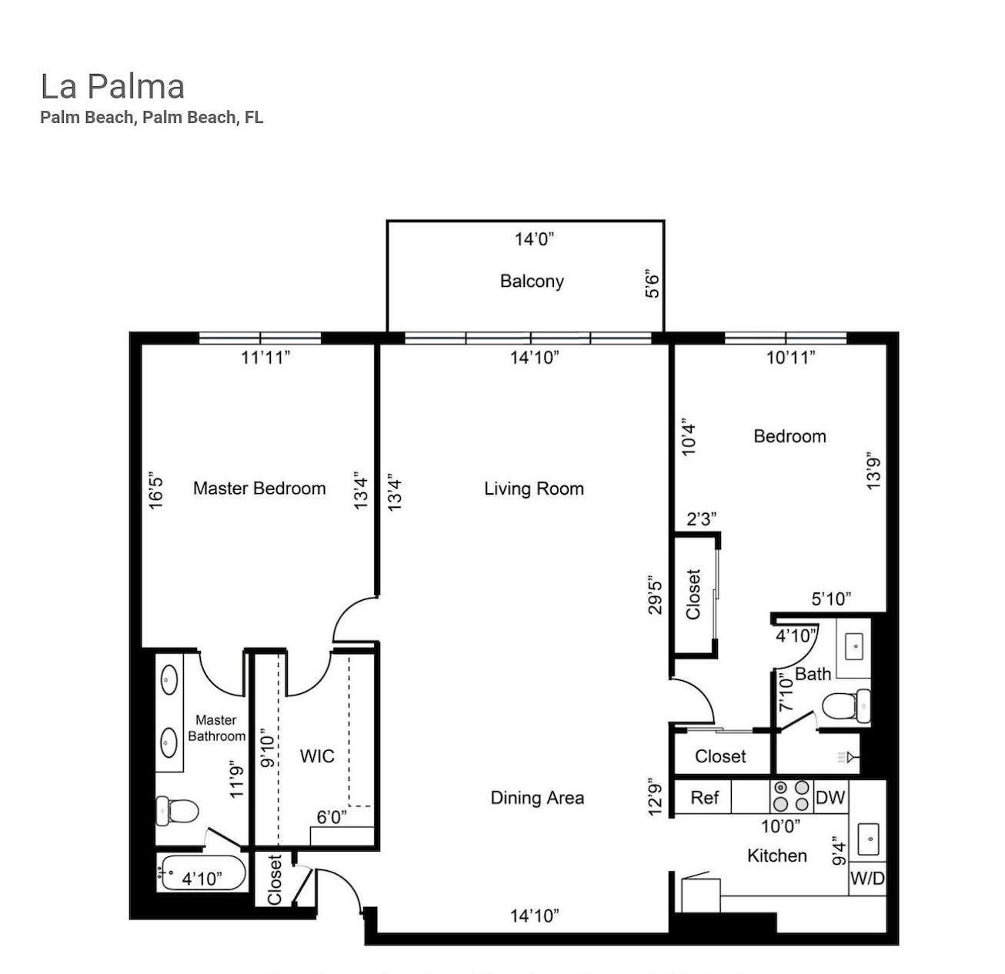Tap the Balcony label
pos(532,281)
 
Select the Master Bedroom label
pos(259,488)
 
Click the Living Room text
pos(533,489)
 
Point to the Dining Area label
pos(537,798)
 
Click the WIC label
pos(317,756)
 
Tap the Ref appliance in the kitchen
pos(704,797)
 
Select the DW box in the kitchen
pos(830,797)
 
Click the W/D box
pos(867,878)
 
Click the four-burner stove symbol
pos(792,796)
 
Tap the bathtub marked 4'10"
pos(202,873)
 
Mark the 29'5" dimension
pos(655,595)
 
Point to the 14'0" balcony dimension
pos(534,239)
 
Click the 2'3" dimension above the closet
pos(702,519)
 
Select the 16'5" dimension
pos(156,491)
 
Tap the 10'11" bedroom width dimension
pos(790,357)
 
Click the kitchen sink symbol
pos(869,837)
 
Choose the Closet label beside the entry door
pos(275,879)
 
